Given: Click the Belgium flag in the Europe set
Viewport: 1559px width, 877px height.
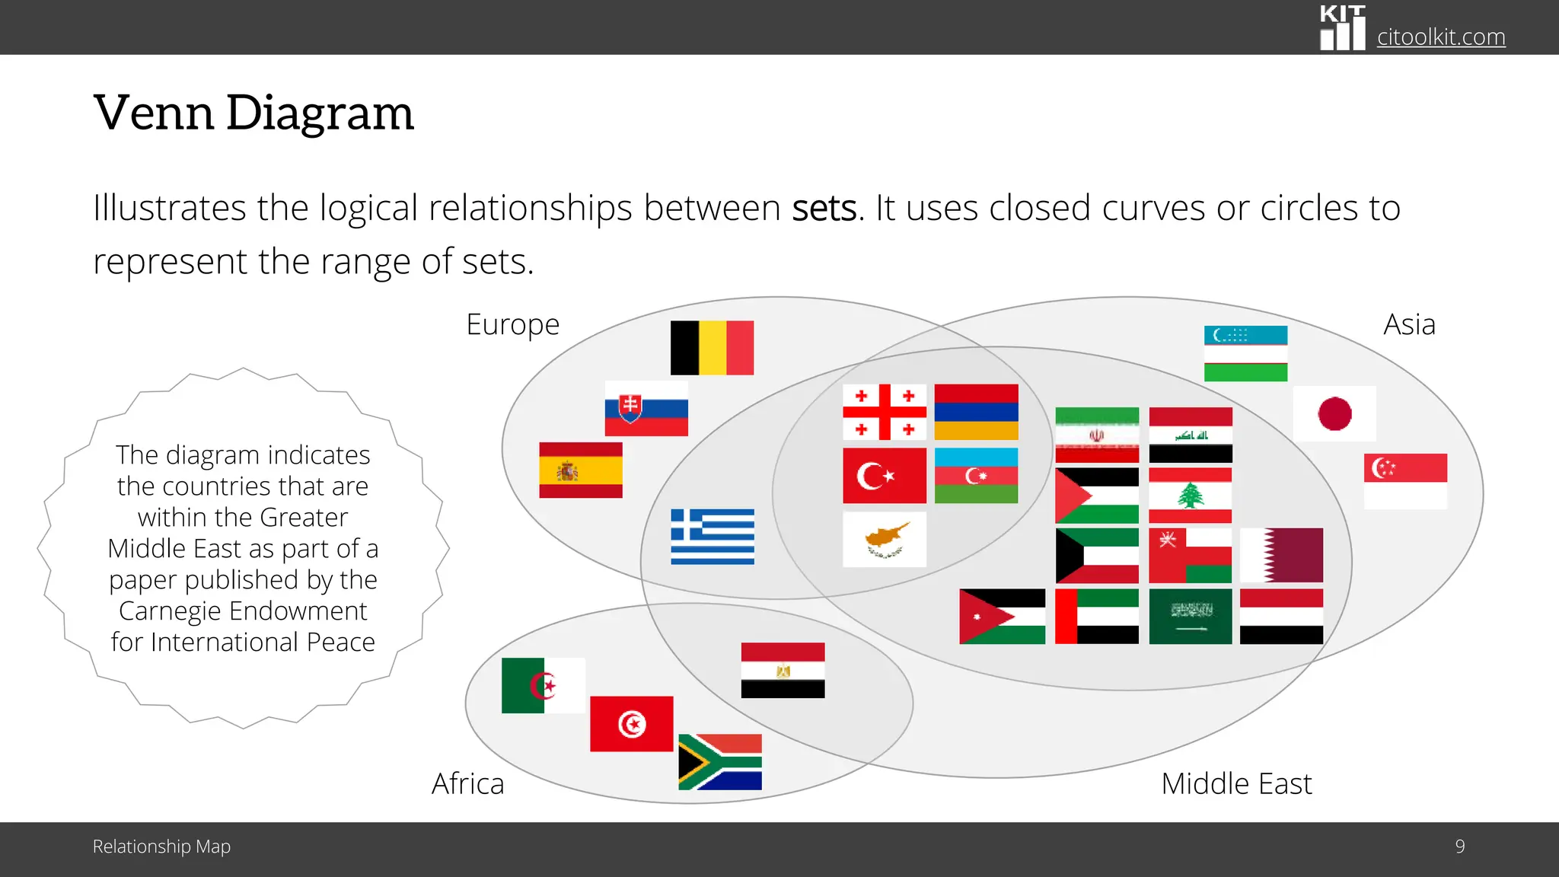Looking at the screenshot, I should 712,348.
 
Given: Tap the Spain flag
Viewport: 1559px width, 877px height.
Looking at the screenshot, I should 581,470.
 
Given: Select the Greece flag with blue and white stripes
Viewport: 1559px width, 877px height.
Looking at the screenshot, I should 713,537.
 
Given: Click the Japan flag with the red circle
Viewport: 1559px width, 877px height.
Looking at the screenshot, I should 1334,414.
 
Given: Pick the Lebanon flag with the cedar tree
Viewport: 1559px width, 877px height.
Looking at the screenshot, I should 1190,496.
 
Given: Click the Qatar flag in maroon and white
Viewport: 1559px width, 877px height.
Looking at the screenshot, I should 1281,556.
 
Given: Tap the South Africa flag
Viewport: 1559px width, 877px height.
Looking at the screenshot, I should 720,762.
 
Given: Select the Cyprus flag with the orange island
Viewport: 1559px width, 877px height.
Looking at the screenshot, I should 885,539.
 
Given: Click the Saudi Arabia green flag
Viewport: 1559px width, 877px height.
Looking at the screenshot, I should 1190,617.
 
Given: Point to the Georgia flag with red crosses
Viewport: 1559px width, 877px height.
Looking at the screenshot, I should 885,413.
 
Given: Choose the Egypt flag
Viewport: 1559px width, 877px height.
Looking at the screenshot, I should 783,671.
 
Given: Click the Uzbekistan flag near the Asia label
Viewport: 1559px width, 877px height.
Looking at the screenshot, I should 1245,354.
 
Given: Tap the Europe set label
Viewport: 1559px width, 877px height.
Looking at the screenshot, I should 512,325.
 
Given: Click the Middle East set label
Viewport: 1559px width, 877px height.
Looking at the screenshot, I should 1236,784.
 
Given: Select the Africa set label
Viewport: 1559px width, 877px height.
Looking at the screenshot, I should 467,784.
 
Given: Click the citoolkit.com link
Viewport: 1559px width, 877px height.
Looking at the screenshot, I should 1440,37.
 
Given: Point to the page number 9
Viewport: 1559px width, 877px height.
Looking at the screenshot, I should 1459,847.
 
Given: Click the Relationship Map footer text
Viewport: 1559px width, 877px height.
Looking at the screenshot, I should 161,847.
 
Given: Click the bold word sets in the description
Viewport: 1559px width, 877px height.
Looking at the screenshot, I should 824,209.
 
